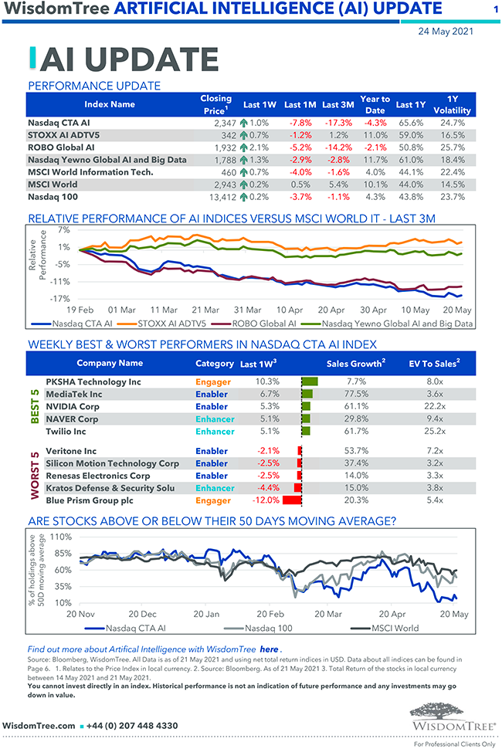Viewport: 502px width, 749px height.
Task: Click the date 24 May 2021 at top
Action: (x=446, y=32)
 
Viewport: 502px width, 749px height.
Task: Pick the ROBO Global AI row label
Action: (x=61, y=147)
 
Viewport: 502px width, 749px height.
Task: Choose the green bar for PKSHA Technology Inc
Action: (x=310, y=381)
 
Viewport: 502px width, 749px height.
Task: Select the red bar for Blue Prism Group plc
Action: (x=292, y=500)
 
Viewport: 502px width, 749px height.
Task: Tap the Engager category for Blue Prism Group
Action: (x=213, y=500)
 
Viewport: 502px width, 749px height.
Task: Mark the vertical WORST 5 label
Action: (x=34, y=476)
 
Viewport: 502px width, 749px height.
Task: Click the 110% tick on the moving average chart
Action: (x=60, y=536)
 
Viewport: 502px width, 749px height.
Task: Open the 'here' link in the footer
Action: (x=269, y=649)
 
